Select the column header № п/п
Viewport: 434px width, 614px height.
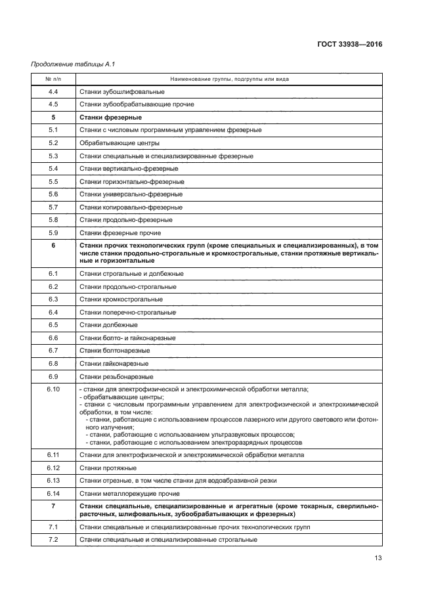pos(53,79)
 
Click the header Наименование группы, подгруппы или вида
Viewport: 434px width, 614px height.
pos(229,79)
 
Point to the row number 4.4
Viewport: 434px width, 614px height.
pos(53,91)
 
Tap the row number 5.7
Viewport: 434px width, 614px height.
pos(53,207)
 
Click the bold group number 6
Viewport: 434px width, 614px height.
pos(53,245)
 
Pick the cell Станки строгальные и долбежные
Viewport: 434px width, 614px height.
pos(131,273)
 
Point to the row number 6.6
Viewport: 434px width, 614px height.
pos(53,338)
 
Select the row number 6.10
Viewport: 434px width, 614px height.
pos(53,389)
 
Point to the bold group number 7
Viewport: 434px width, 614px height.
pos(53,506)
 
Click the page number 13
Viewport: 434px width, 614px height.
pos(378,558)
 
